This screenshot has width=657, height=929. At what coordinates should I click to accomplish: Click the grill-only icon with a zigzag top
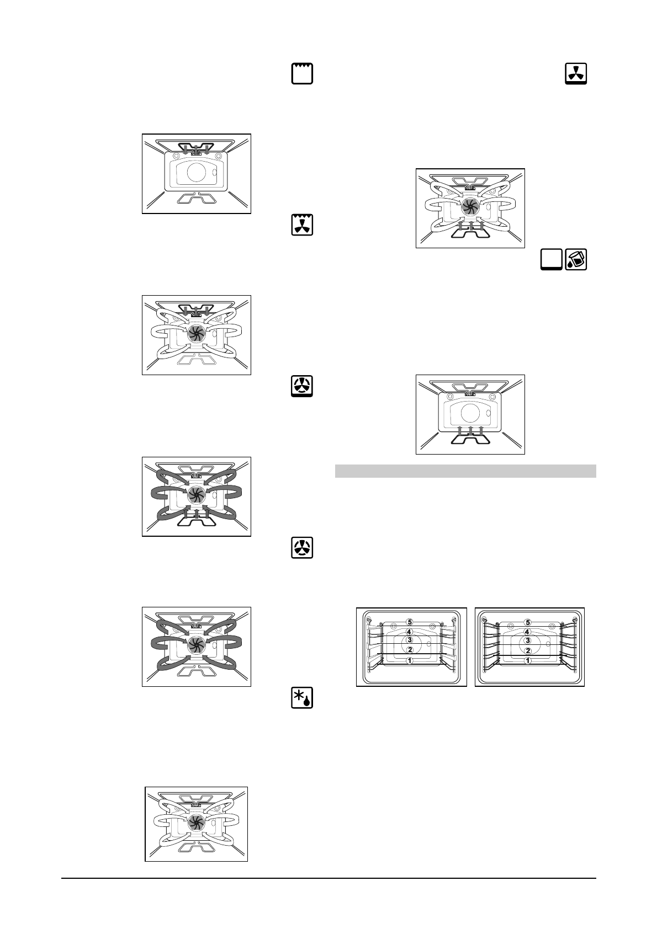pos(302,74)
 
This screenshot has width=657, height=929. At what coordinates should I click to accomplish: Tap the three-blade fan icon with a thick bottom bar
pos(576,74)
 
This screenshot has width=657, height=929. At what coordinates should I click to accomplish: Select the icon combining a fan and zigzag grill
pos(302,225)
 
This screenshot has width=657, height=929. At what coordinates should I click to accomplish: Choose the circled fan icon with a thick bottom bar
pos(302,386)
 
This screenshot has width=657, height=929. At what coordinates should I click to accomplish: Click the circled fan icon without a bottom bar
pos(302,548)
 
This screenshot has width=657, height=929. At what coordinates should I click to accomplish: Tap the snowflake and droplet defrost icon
pos(302,698)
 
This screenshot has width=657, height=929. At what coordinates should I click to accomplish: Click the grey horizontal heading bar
pos(465,471)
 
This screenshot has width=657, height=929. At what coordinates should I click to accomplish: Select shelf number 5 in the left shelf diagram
pos(409,622)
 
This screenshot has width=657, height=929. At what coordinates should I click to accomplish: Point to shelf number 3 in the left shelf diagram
pos(409,640)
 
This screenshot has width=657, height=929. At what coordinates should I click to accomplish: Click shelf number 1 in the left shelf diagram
pos(409,660)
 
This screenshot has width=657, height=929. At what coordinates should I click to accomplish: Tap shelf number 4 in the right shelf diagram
pos(528,632)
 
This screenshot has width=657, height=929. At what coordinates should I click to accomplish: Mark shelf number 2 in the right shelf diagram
pos(528,650)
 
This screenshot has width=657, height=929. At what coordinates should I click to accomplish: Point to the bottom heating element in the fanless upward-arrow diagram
pos(469,438)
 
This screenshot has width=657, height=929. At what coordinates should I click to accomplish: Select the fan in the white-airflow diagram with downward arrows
pos(194,332)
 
